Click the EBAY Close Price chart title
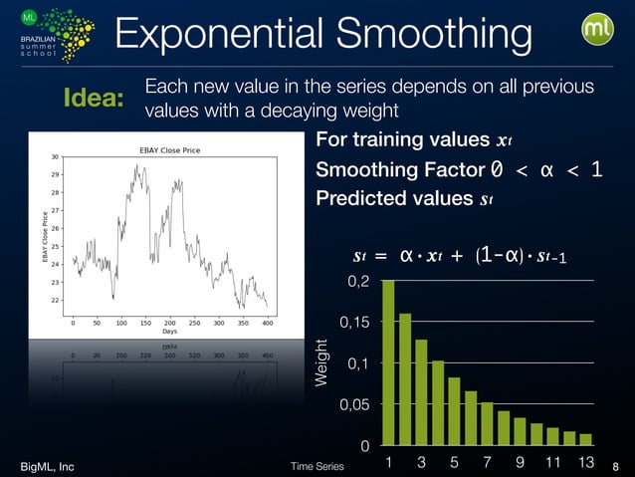tap(168, 150)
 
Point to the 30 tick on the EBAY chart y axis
tap(56, 156)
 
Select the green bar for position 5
tap(454, 410)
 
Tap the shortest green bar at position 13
tap(585, 438)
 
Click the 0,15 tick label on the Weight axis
tap(353, 323)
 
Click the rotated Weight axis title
tap(320, 363)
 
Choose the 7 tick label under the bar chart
tap(487, 462)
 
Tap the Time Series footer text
tap(317, 465)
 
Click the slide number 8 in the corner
tap(615, 465)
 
